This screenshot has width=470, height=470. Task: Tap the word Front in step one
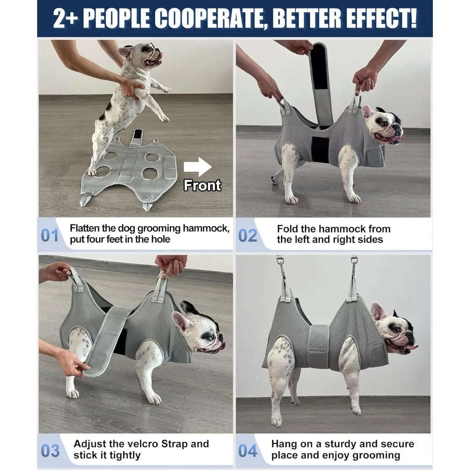click(x=202, y=185)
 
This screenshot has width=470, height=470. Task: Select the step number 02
click(x=247, y=235)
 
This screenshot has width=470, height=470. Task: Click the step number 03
click(x=50, y=450)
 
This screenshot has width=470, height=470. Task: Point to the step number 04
click(x=247, y=450)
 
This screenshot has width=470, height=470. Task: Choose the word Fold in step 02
click(x=287, y=229)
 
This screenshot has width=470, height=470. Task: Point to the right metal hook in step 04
click(x=353, y=268)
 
